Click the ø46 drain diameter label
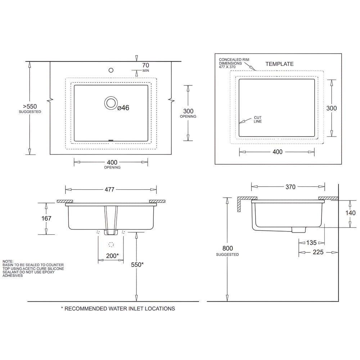click(x=123, y=108)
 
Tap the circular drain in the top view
click(x=111, y=103)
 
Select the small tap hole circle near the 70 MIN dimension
click(x=111, y=69)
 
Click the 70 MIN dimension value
click(x=145, y=66)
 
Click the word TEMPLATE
click(x=279, y=64)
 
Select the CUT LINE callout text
click(x=258, y=120)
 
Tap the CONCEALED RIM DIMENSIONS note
click(x=234, y=63)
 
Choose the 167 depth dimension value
click(x=46, y=218)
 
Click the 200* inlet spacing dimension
click(x=113, y=256)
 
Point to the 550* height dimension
click(x=137, y=265)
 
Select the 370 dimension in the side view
click(x=290, y=187)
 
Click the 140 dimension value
click(x=350, y=213)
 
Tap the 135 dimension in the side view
click(x=311, y=243)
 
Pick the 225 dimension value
click(x=318, y=252)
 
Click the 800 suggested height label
click(x=228, y=248)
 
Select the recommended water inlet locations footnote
click(x=118, y=309)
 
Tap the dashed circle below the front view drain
click(x=111, y=244)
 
